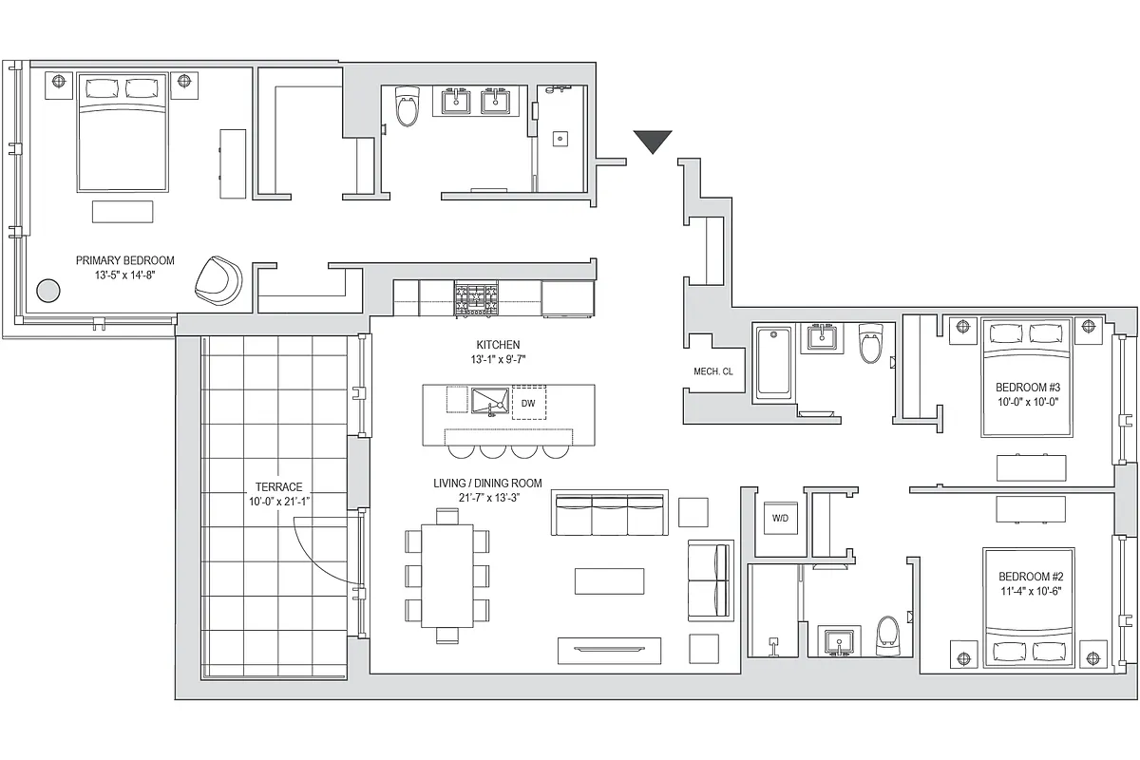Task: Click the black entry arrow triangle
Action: (x=653, y=142)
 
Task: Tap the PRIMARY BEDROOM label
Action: (x=125, y=260)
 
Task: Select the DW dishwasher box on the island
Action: (x=528, y=403)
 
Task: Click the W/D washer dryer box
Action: (x=780, y=519)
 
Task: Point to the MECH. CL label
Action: (x=713, y=371)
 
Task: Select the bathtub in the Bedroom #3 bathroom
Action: (x=773, y=361)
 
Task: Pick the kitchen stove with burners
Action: (x=476, y=299)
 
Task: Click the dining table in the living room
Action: (x=447, y=575)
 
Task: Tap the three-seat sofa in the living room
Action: (x=608, y=513)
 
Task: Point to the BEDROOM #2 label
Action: (x=1031, y=577)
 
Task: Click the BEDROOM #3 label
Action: (x=1027, y=388)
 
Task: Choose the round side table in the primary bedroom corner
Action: (x=47, y=290)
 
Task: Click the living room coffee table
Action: (x=609, y=580)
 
